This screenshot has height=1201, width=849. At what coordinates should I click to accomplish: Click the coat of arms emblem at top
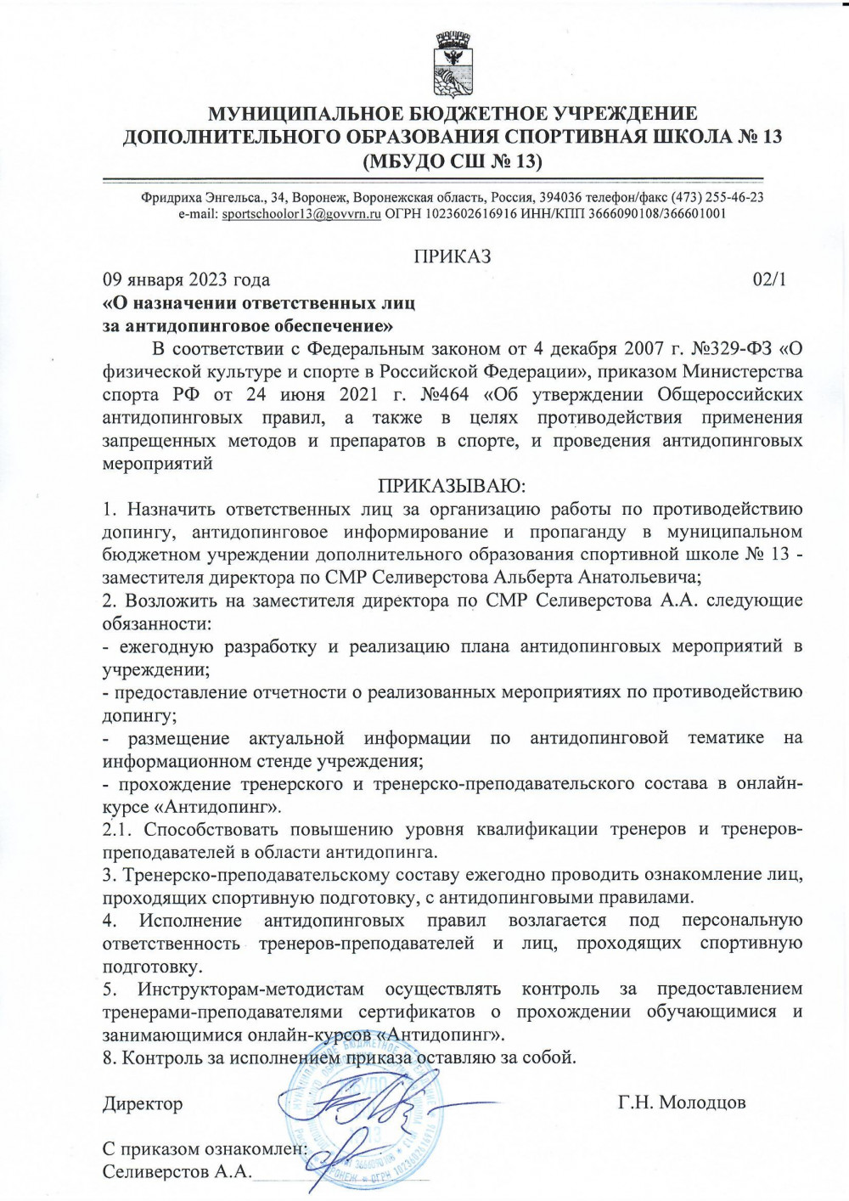(452, 65)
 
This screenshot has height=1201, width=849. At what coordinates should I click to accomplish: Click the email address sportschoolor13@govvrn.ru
(301, 214)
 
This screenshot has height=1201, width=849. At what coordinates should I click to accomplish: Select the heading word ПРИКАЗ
(452, 257)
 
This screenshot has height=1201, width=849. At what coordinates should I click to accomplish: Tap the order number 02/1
(769, 279)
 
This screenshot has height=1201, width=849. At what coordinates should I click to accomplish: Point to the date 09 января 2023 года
(186, 279)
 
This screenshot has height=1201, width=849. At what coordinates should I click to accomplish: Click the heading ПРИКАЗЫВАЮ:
(452, 487)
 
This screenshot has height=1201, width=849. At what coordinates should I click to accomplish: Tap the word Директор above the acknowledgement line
(143, 1103)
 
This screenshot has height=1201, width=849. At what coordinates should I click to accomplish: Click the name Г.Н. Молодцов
(682, 1102)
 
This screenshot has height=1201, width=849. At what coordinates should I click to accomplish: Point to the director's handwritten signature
(374, 1104)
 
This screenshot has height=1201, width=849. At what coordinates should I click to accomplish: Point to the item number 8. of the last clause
(109, 1057)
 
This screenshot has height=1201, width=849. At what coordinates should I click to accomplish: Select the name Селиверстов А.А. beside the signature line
(177, 1172)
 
